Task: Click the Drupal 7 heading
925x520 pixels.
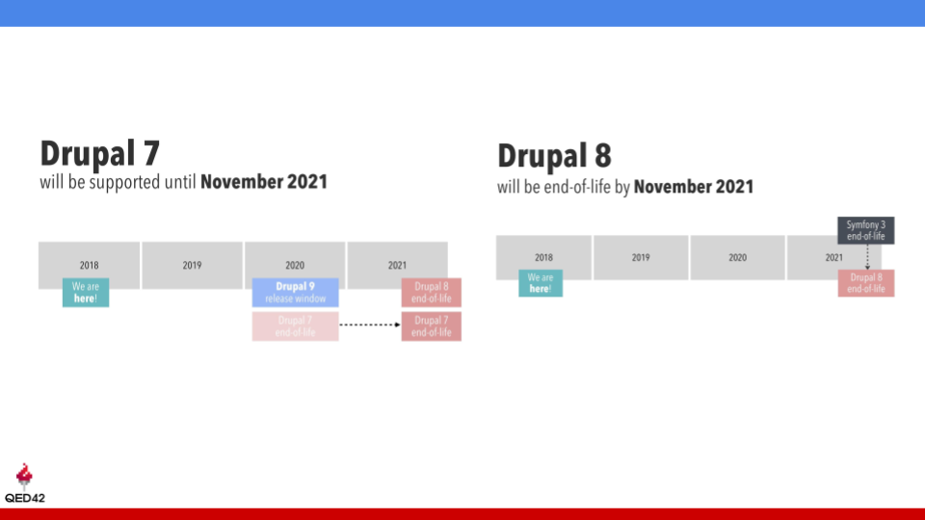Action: pos(99,153)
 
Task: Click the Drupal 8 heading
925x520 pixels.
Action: pos(554,156)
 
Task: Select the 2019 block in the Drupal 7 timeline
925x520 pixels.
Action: pos(192,265)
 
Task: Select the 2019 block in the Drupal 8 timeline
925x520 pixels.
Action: pos(641,257)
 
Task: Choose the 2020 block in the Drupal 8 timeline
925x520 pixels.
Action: pos(737,257)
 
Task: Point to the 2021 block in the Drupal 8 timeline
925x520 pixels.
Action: pos(825,257)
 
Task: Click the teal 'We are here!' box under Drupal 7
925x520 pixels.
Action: pos(86,293)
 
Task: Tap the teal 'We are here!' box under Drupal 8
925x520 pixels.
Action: pos(541,283)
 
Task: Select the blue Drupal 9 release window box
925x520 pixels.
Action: pos(295,293)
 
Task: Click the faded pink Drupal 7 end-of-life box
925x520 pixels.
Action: pos(295,326)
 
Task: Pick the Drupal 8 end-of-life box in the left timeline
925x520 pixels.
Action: pos(431,293)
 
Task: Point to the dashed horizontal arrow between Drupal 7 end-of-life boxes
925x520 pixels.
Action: pos(370,325)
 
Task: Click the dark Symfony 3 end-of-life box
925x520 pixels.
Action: pos(865,230)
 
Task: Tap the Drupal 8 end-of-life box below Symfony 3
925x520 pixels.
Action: pos(865,283)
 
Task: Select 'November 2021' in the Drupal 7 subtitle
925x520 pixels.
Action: pos(264,181)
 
